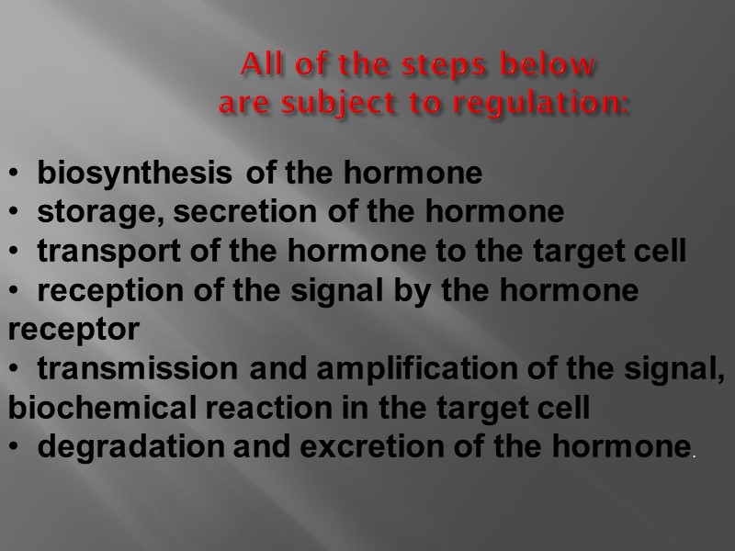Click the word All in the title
click(x=258, y=66)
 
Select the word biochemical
click(x=90, y=409)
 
